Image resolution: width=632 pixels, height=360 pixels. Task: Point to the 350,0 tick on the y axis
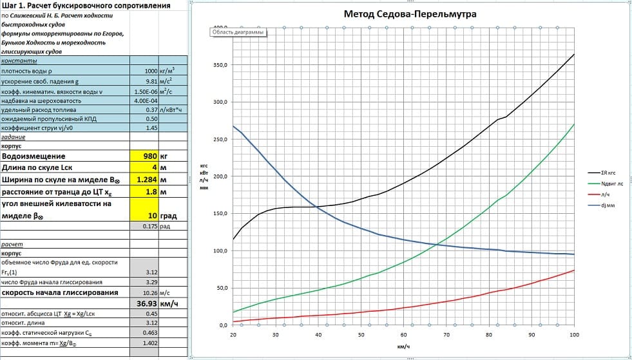[x=220, y=66]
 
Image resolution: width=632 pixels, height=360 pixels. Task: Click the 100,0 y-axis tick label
[x=220, y=251]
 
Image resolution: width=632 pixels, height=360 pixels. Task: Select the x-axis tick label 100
[x=574, y=335]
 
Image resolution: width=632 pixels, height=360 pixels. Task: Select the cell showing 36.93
[x=148, y=303]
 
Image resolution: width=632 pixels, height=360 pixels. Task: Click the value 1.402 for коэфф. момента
[x=149, y=345]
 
